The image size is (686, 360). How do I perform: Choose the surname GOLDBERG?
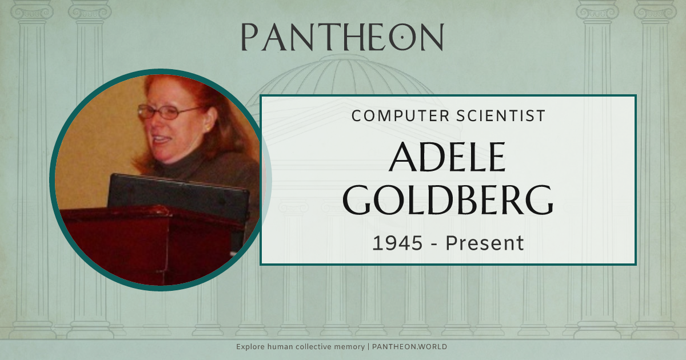(x=448, y=199)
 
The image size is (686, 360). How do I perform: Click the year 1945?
(x=398, y=243)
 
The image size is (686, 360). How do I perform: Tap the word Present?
(x=485, y=243)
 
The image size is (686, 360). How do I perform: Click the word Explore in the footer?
(x=250, y=347)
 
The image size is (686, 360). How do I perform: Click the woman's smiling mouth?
(x=162, y=139)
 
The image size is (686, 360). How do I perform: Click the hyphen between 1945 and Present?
(x=434, y=244)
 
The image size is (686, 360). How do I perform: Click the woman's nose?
(x=157, y=123)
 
